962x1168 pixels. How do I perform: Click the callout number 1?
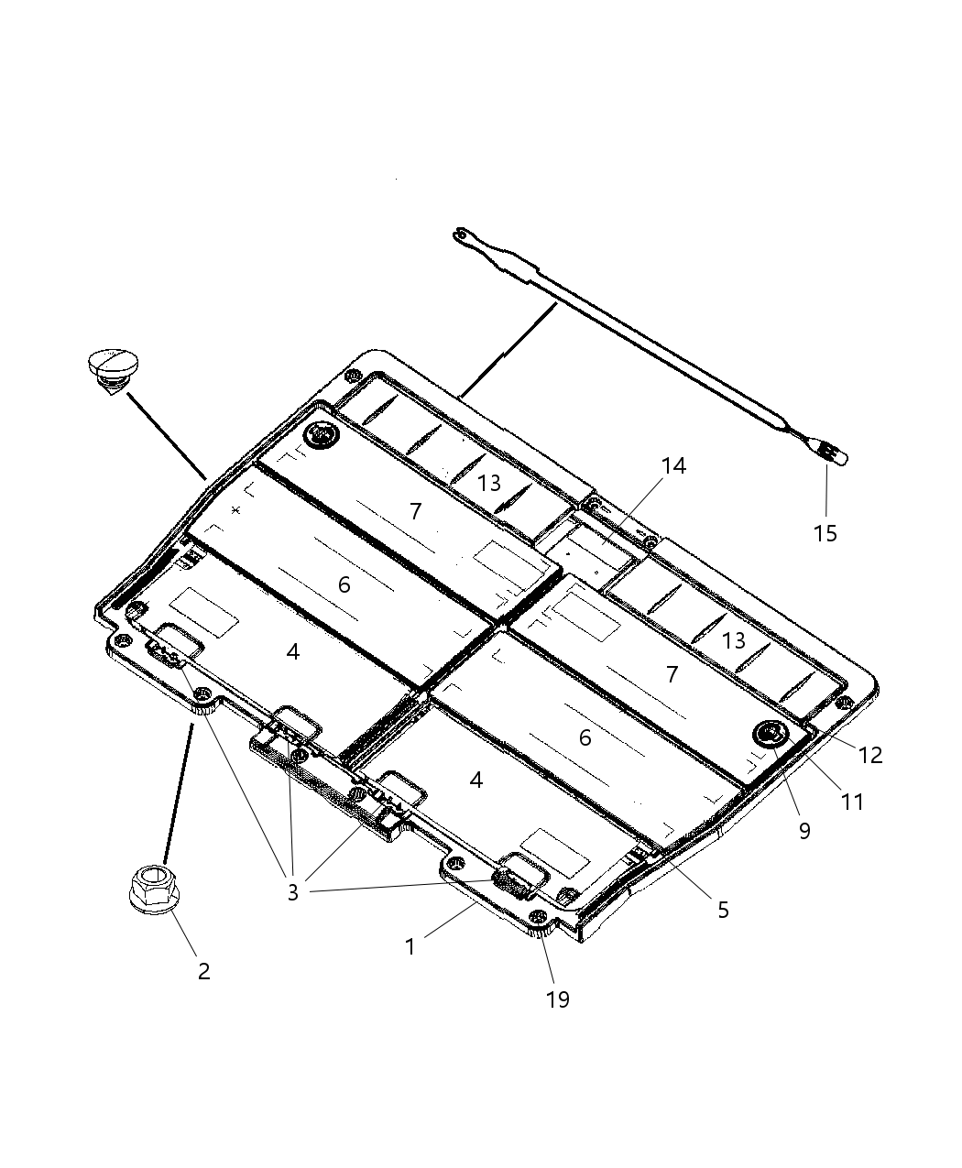(x=410, y=946)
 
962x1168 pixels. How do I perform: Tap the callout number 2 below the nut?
(x=203, y=971)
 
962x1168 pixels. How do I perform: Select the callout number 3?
(x=292, y=892)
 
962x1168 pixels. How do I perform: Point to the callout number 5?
(x=723, y=910)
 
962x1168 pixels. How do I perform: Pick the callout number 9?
(x=803, y=831)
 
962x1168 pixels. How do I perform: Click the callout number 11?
(x=852, y=802)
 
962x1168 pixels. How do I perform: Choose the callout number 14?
(x=673, y=466)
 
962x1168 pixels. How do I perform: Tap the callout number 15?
(x=825, y=533)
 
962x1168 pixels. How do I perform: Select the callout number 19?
(x=557, y=999)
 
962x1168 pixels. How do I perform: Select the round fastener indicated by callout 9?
(x=768, y=732)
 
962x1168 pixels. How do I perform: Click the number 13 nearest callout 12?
(x=734, y=641)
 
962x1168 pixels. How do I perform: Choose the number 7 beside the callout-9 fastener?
(x=672, y=675)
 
